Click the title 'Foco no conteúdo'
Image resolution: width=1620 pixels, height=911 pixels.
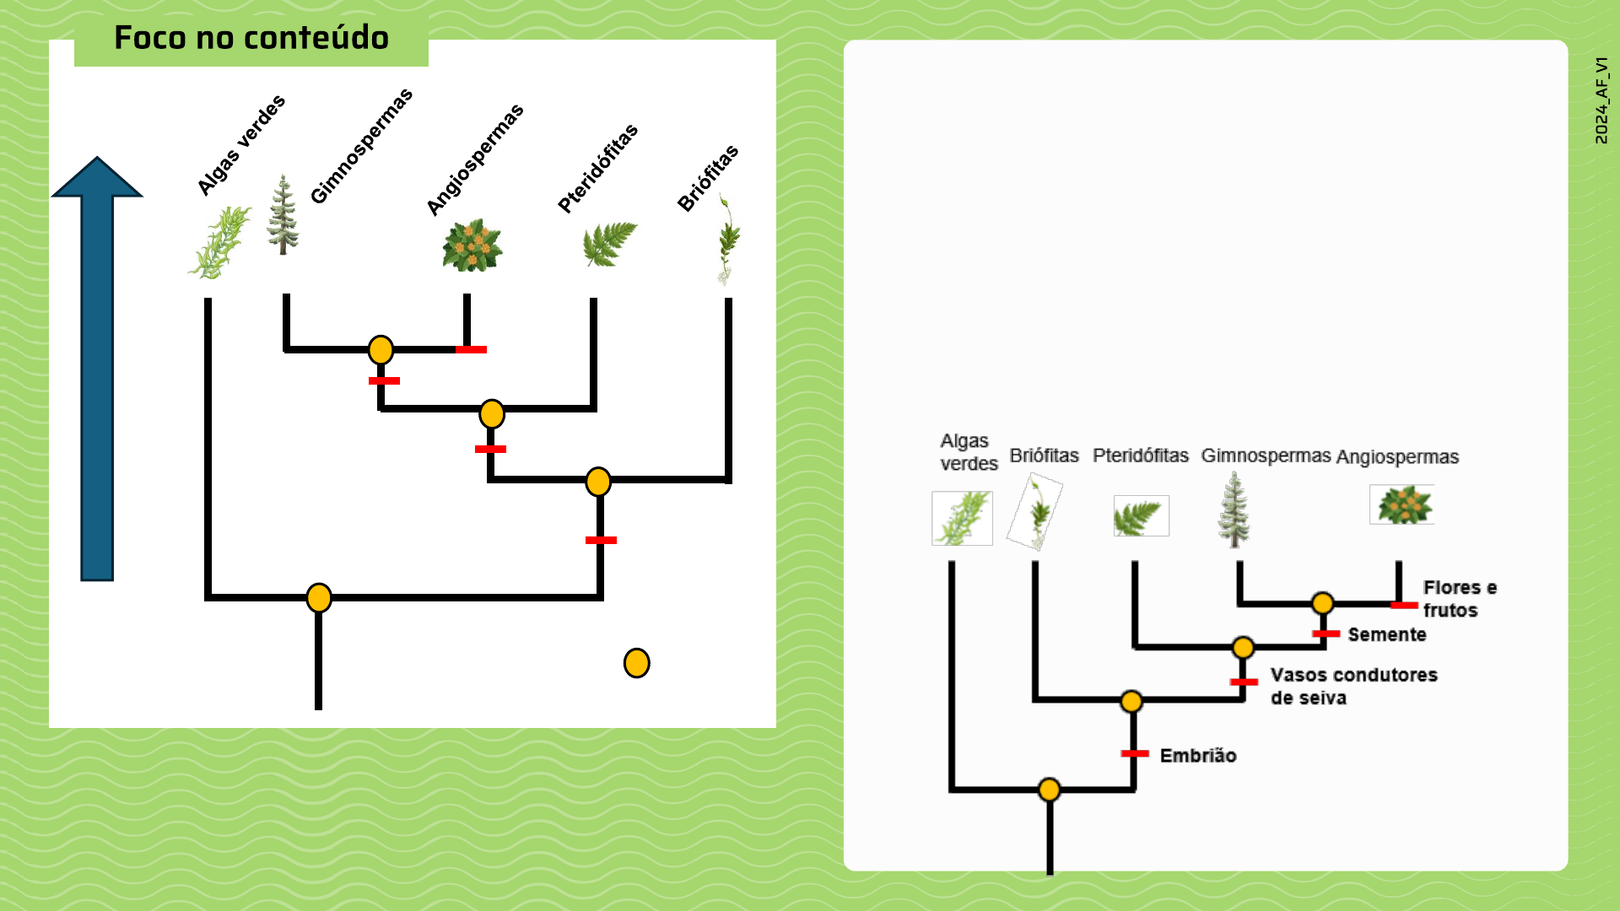(x=251, y=38)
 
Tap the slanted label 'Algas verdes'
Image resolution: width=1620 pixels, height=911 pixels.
(x=240, y=145)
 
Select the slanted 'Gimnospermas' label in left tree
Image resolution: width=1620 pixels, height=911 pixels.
(x=361, y=145)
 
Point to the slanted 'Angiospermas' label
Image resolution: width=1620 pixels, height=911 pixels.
(x=474, y=159)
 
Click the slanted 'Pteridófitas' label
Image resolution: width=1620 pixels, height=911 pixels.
(x=597, y=168)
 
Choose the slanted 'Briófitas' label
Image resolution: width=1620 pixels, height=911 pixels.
(x=707, y=178)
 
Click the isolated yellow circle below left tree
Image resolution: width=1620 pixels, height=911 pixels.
(x=636, y=663)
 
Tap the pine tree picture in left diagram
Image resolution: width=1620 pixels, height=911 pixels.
(x=283, y=215)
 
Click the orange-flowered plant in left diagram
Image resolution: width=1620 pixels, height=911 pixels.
(x=472, y=245)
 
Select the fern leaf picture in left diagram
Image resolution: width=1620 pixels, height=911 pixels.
(x=609, y=243)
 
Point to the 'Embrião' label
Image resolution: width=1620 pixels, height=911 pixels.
(x=1197, y=756)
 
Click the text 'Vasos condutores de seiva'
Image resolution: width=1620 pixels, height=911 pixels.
(x=1353, y=686)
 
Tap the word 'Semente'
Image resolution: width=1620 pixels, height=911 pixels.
(x=1386, y=634)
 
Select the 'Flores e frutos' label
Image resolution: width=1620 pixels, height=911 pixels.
(x=1459, y=599)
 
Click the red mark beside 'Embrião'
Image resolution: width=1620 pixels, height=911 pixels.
(x=1135, y=753)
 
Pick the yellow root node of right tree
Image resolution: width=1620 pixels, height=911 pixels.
(x=1049, y=790)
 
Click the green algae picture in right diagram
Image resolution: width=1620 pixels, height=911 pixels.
(x=962, y=518)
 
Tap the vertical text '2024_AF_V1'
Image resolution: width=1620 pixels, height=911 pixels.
(x=1601, y=100)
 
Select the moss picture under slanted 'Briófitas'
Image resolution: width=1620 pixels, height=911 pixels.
(x=727, y=240)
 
